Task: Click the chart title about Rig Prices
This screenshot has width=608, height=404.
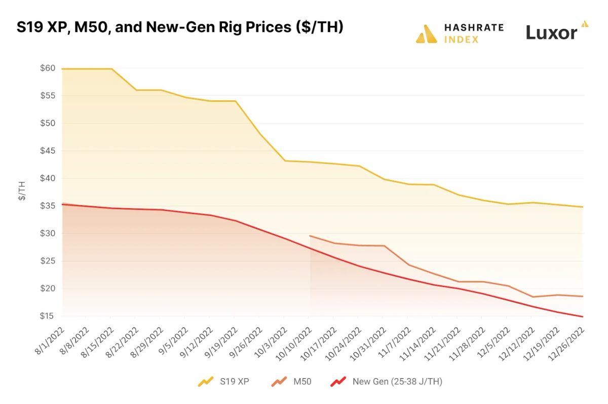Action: [180, 27]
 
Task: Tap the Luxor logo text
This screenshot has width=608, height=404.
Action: [551, 33]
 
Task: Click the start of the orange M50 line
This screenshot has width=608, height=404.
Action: [310, 236]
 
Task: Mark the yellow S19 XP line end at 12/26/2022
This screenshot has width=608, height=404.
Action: [583, 207]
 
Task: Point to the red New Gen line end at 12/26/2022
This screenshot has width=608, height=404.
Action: [583, 317]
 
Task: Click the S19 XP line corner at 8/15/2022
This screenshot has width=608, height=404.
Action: [111, 68]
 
